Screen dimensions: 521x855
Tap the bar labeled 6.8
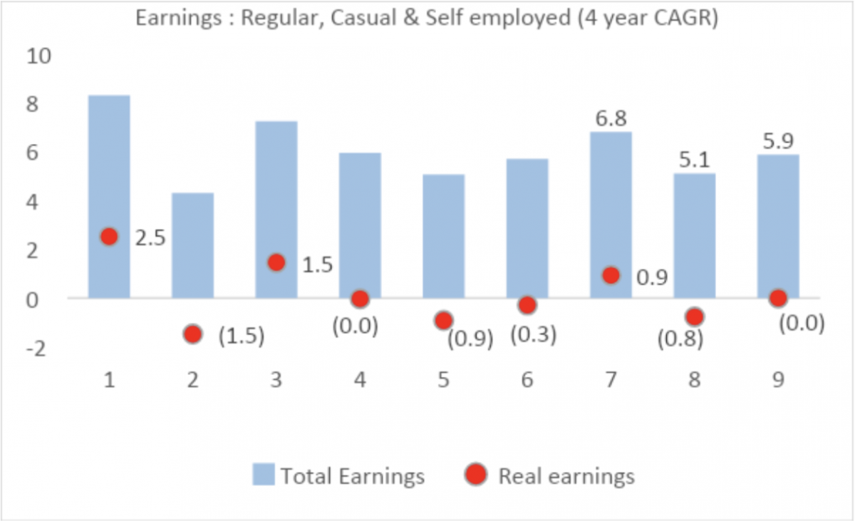(611, 214)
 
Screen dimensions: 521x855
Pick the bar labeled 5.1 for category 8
(695, 235)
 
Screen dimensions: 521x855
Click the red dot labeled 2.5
(109, 237)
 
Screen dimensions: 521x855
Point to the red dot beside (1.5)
(192, 334)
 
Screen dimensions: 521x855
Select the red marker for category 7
(611, 275)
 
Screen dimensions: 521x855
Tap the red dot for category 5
(444, 320)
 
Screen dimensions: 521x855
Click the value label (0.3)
(533, 334)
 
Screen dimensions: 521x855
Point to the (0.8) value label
(680, 339)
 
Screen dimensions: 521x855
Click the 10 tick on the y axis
(37, 56)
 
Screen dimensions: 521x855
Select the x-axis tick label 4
(360, 381)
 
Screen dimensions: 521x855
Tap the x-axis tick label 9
(777, 381)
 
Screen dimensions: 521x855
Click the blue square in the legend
(263, 475)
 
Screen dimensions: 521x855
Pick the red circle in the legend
(476, 475)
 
